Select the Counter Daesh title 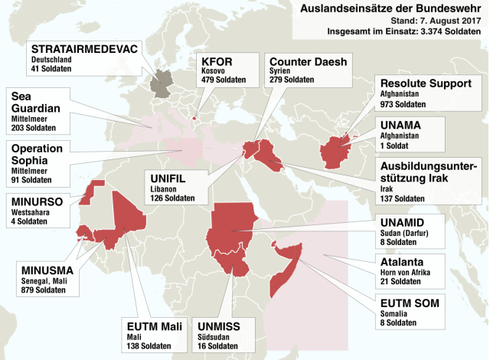pyautogui.click(x=307, y=61)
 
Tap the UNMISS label pyautogui.click(x=219, y=326)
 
